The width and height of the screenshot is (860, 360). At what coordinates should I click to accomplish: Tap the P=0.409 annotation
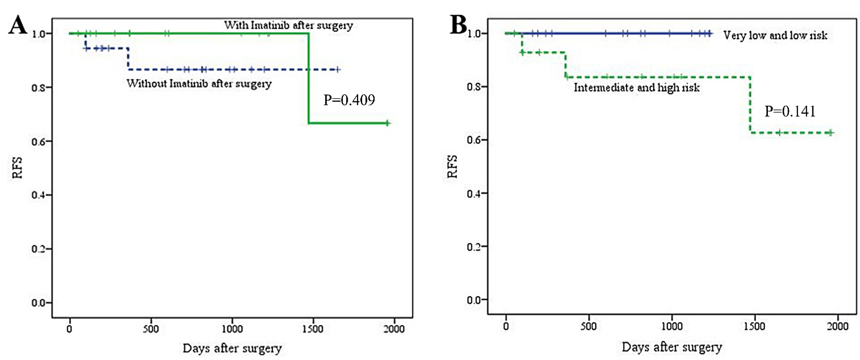[350, 101]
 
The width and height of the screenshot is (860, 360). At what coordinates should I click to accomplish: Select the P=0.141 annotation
[790, 111]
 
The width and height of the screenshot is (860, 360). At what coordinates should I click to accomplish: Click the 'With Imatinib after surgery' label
[289, 25]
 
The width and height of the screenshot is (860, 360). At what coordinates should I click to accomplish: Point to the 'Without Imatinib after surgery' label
[198, 84]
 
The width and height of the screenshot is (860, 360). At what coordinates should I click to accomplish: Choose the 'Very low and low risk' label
[774, 35]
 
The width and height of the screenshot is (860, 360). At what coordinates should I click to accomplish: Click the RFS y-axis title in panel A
[18, 169]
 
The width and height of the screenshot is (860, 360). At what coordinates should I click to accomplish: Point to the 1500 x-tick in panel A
[313, 329]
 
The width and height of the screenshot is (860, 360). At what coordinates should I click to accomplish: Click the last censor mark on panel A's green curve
[387, 123]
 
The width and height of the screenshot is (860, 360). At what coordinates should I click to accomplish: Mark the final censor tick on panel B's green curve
[830, 133]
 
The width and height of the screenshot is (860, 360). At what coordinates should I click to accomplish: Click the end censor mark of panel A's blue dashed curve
[338, 69]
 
